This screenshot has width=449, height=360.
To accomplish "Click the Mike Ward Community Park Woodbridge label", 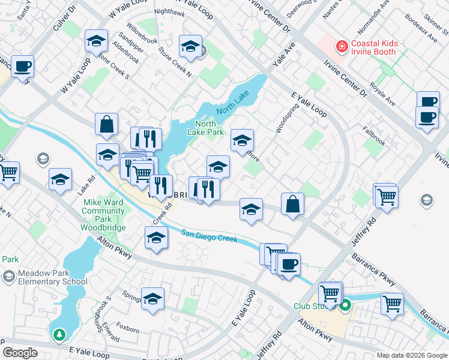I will pos(104,215).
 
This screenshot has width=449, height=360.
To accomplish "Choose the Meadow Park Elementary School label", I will pos(53,277).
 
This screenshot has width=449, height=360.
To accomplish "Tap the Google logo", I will pos(20,353).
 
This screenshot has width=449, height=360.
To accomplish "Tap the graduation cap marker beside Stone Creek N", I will pos(190,47).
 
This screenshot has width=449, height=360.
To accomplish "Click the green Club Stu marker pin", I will pos(345,306).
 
